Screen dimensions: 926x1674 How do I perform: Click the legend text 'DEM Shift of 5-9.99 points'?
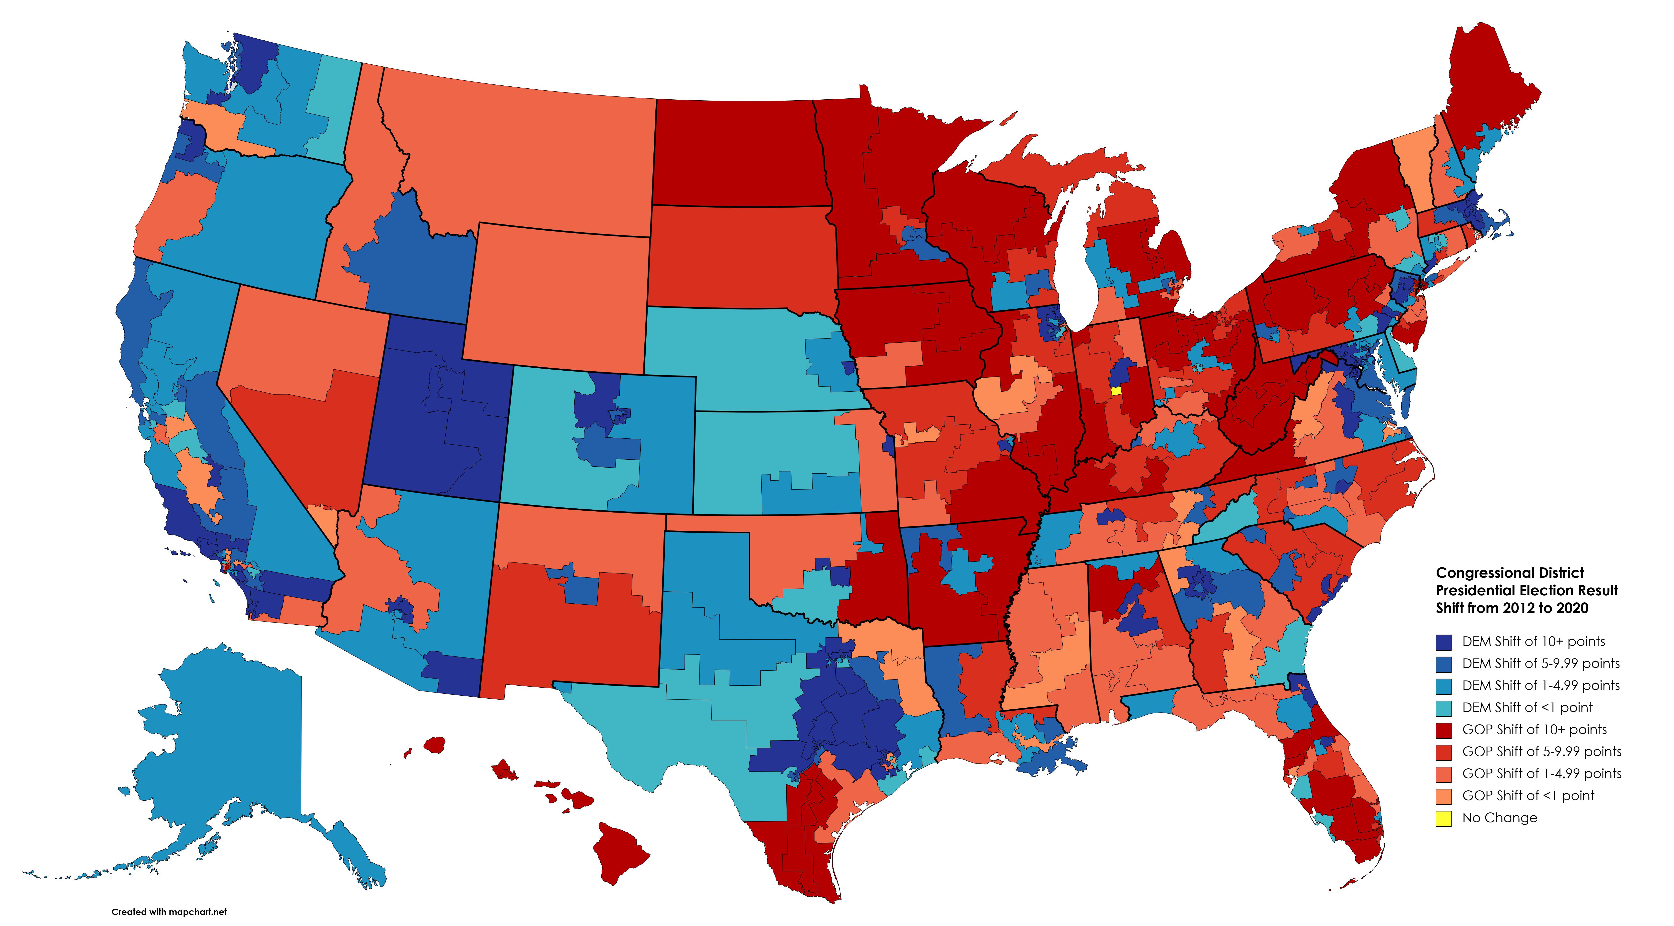(x=1540, y=663)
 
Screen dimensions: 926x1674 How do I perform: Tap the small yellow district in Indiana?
(x=1116, y=390)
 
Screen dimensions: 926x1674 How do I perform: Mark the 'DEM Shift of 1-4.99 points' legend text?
(x=1540, y=686)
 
